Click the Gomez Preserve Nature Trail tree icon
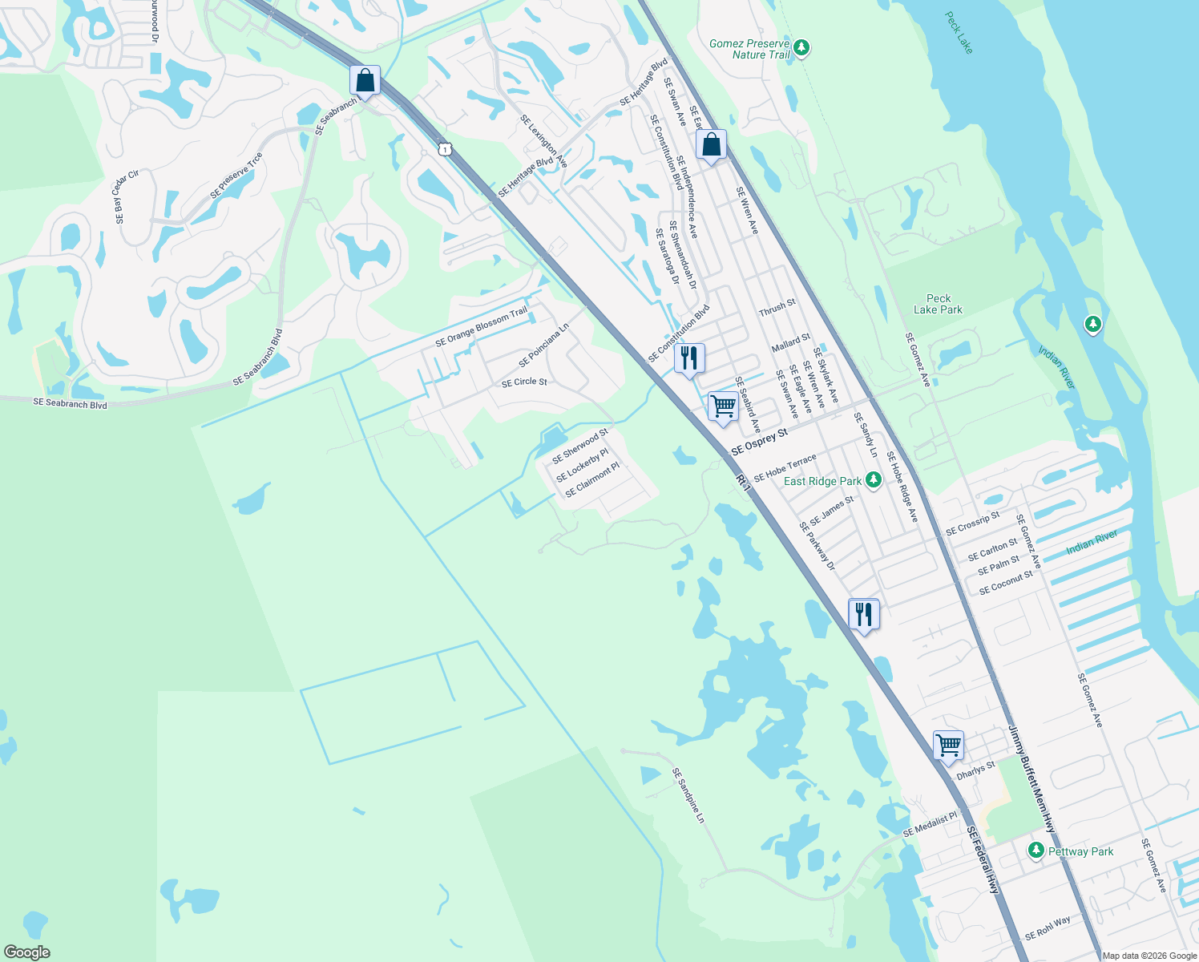pos(801,49)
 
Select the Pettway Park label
pos(1080,851)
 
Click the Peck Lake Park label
pos(938,304)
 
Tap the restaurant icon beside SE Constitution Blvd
pos(689,358)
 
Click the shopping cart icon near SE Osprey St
pos(723,406)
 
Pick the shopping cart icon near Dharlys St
pos(948,746)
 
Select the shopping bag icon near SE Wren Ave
pos(711,146)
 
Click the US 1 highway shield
pos(446,149)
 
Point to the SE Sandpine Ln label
pos(688,795)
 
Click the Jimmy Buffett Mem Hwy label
pos(1031,779)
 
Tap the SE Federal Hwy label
pos(983,860)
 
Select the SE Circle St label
pos(524,382)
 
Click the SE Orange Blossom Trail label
pos(481,327)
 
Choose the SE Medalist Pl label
pos(930,825)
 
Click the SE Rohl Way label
pos(1048,929)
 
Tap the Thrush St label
pos(777,307)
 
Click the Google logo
pos(26,952)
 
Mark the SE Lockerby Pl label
pos(583,466)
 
